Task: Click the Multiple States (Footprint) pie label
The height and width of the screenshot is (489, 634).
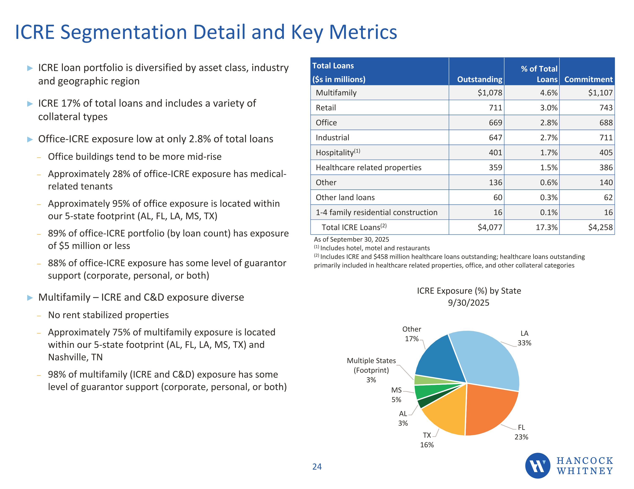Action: tap(371, 370)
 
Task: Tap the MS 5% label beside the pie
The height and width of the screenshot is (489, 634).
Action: tap(396, 395)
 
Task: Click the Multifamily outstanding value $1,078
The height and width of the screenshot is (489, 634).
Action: tap(490, 93)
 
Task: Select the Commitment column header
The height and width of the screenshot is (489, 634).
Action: tap(588, 79)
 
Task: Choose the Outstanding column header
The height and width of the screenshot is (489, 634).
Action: tap(480, 79)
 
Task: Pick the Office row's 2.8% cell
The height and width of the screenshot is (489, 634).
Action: tap(549, 123)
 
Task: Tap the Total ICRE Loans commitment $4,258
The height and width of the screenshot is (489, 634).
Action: tap(600, 227)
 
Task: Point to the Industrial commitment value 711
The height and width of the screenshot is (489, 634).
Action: tap(606, 138)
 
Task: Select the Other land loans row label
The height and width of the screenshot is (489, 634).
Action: tap(345, 197)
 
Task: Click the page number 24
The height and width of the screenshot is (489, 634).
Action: tap(317, 467)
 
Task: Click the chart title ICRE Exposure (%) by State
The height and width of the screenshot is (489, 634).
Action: tap(469, 291)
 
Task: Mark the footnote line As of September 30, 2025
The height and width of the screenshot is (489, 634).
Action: tap(351, 239)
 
